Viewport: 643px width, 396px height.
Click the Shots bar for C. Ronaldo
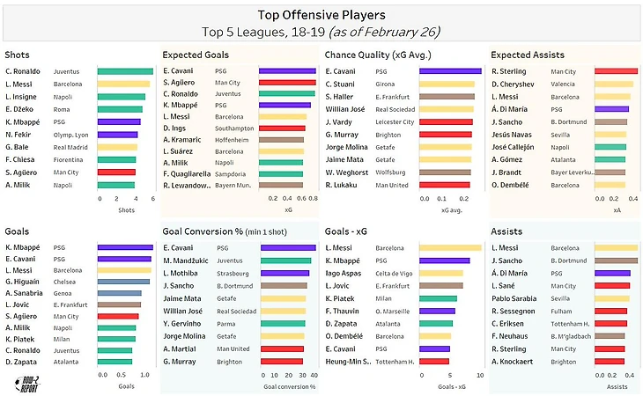coord(125,71)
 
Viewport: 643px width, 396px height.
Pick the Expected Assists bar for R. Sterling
coord(616,71)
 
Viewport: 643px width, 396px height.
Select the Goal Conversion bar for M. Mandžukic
coord(286,260)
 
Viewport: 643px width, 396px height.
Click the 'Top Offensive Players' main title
coord(321,15)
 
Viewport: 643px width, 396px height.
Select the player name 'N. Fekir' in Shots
coord(20,135)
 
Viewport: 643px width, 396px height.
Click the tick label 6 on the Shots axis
coord(152,199)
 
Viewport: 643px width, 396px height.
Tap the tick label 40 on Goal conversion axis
coord(314,374)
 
